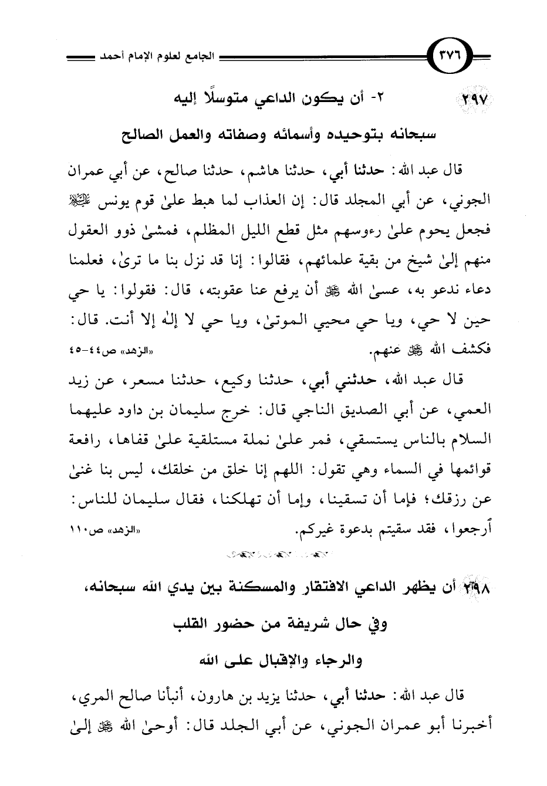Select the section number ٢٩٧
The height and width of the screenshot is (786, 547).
(x=467, y=100)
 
